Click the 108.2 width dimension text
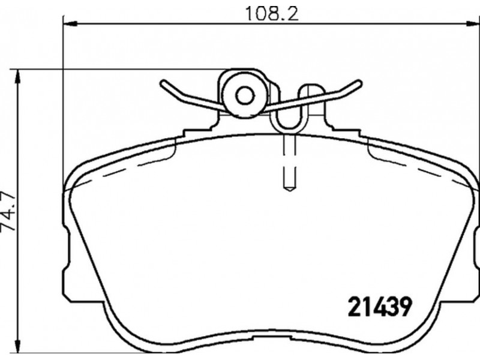coord(272,14)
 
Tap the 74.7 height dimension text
coord(8,212)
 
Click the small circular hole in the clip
coord(245,97)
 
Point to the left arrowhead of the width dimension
coord(70,23)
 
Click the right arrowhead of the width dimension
coord(473,23)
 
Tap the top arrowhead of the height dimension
coord(18,77)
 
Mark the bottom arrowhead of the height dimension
coord(18,346)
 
